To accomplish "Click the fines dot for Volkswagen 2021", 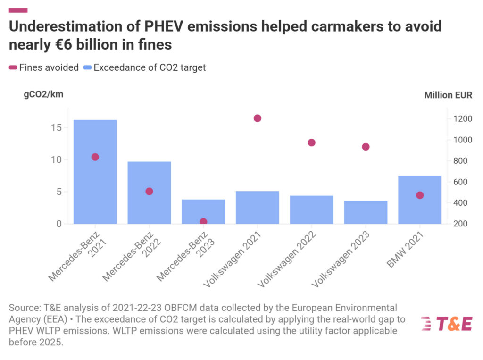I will point(258,118).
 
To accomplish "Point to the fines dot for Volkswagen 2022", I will point(311,142).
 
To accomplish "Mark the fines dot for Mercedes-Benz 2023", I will point(203,221).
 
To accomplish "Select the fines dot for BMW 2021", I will point(420,195).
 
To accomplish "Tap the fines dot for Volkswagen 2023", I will point(366,147).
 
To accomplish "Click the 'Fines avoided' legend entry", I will point(44,67).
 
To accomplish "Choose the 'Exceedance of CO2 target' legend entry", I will point(145,67).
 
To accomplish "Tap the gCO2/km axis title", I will point(43,94).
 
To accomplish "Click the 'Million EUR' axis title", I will point(448,95).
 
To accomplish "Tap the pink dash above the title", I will point(18,10).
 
